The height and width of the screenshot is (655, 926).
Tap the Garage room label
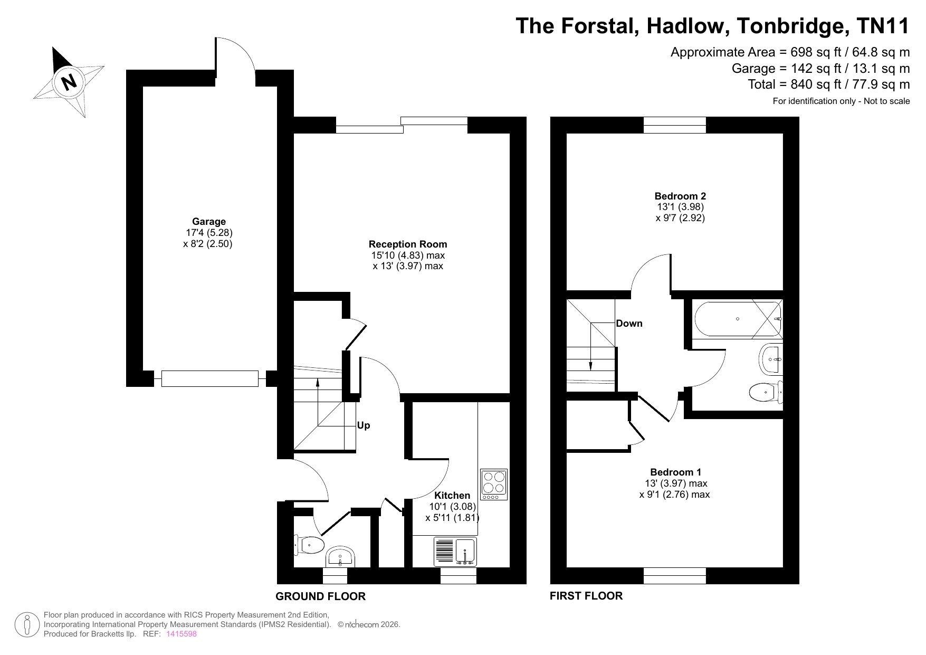[x=209, y=222]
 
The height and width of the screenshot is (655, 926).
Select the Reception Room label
[x=408, y=244]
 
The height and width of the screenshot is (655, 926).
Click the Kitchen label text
[x=452, y=495]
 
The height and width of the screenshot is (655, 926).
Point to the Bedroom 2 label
[x=680, y=196]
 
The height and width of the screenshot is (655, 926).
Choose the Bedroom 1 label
[x=675, y=472]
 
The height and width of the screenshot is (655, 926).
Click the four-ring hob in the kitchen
[x=494, y=485]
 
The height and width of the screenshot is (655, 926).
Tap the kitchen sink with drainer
[x=455, y=552]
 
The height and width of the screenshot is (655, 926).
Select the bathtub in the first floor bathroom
[x=738, y=319]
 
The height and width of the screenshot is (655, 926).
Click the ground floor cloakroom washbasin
[x=340, y=557]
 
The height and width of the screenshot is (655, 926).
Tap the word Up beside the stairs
[x=364, y=425]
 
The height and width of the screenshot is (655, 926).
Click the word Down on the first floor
[x=629, y=324]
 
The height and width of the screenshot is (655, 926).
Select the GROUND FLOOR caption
[x=321, y=596]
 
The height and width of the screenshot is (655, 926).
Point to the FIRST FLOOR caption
[x=586, y=596]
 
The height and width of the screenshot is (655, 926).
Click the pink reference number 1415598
[x=182, y=634]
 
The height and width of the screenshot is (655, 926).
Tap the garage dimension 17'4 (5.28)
[x=209, y=232]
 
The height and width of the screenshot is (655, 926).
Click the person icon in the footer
[x=27, y=624]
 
